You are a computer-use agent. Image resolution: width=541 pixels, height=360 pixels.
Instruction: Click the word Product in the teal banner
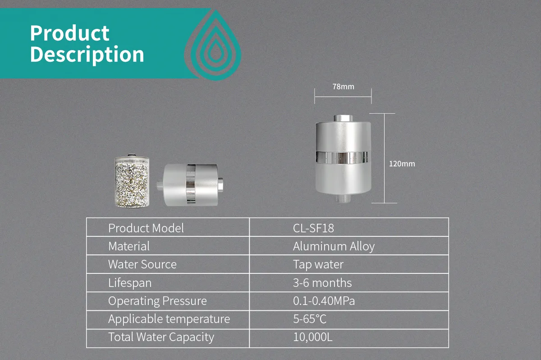coord(69,33)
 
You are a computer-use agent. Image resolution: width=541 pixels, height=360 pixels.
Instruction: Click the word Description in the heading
coord(87,55)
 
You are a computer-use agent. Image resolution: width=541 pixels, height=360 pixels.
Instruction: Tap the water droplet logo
coord(213,45)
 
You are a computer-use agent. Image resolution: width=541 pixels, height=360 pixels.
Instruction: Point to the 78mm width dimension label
coord(343,87)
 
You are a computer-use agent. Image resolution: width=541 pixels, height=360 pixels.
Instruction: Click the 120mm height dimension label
coord(402,164)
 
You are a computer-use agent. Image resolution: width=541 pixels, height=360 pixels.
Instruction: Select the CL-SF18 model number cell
coord(313,228)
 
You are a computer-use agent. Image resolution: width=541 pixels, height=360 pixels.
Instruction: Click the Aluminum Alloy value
coord(334,246)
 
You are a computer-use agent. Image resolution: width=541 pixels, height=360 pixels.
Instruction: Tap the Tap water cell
coord(318,264)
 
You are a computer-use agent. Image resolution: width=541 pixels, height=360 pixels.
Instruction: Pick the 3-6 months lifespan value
coord(322,283)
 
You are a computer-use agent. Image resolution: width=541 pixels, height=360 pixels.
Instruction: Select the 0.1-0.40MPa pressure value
coord(324,301)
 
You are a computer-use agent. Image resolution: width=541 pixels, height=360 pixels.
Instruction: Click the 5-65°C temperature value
coord(310,319)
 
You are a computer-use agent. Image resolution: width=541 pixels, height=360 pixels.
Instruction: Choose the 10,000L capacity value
coord(313,337)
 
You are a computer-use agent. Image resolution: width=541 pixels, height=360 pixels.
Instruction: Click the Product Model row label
coord(146,228)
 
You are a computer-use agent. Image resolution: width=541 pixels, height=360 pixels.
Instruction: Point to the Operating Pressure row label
coord(157,301)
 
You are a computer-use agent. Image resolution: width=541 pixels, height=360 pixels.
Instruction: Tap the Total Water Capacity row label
coord(161,337)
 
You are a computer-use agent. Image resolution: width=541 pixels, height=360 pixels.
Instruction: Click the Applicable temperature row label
coord(169,319)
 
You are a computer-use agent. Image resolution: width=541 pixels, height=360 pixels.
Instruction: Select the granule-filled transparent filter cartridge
coord(132,181)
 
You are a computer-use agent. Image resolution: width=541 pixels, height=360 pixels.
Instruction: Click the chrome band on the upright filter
coord(342,157)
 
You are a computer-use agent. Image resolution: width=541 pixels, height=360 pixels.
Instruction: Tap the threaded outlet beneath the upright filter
coord(343,198)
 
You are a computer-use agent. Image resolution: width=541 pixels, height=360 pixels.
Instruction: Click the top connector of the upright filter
coord(343,118)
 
